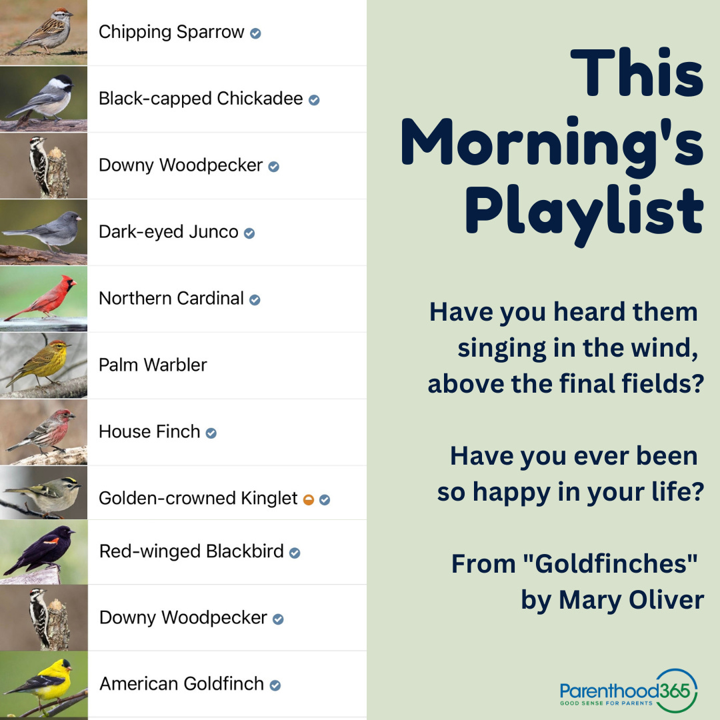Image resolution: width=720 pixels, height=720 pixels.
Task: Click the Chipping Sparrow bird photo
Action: click(43, 31)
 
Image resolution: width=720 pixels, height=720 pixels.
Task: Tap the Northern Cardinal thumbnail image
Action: click(43, 298)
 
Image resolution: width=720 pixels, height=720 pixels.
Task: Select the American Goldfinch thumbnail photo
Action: click(43, 683)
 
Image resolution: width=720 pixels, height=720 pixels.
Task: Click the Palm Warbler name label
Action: click(153, 365)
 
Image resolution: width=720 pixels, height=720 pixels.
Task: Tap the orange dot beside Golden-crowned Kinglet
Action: click(308, 499)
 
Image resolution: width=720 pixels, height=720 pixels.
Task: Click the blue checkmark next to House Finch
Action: click(211, 433)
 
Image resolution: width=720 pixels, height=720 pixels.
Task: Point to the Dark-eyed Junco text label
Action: click(168, 232)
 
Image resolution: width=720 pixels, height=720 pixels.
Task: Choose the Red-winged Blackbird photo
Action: click(43, 551)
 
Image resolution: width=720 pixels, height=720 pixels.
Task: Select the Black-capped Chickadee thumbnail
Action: click(43, 98)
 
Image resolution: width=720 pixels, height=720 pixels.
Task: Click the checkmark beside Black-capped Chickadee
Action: click(314, 100)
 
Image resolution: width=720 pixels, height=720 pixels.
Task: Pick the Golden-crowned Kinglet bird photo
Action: click(43, 493)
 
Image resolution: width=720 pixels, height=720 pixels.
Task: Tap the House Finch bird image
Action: click(43, 431)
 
